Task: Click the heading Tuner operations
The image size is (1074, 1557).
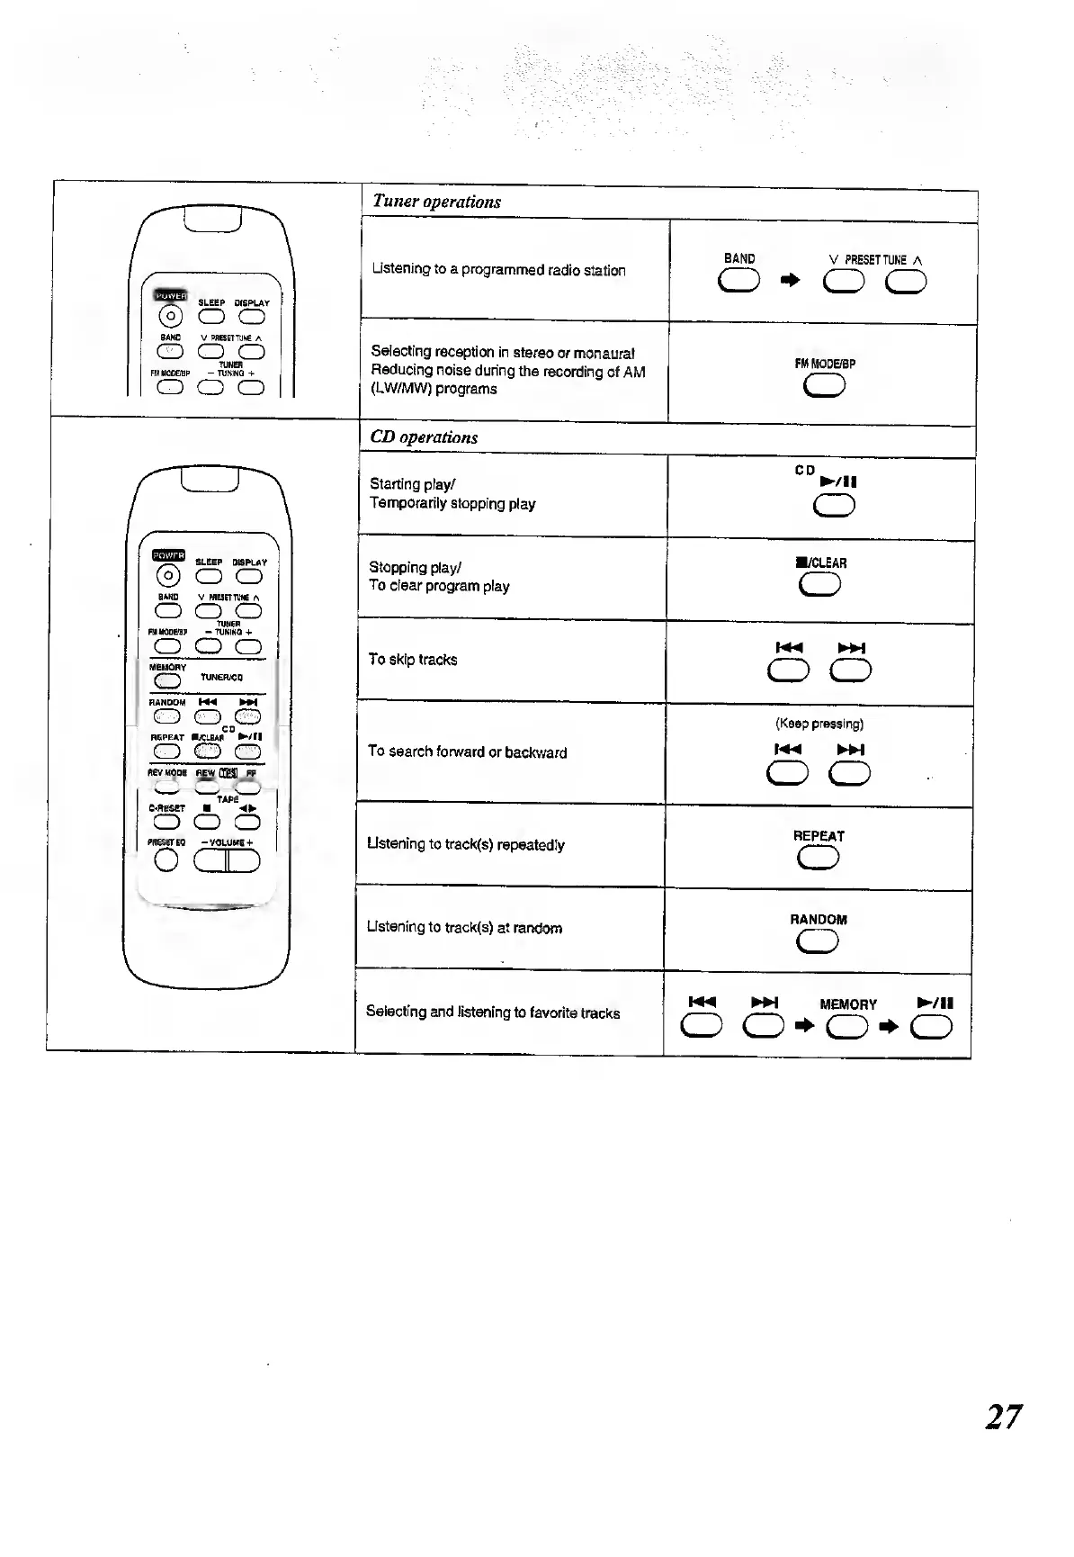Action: pyautogui.click(x=436, y=202)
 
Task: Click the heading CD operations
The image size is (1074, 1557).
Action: pyautogui.click(x=424, y=437)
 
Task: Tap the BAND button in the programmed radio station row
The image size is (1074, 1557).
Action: pyautogui.click(x=739, y=283)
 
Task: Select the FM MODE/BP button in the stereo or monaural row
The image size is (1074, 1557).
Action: pyautogui.click(x=825, y=386)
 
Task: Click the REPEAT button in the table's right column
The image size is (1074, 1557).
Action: pyautogui.click(x=818, y=859)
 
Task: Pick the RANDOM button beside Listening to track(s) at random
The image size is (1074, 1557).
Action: pyautogui.click(x=818, y=941)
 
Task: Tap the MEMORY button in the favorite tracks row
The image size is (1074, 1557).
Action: pyautogui.click(x=847, y=1026)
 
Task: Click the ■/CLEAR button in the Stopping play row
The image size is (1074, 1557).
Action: pyautogui.click(x=819, y=585)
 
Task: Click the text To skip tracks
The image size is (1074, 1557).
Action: pyautogui.click(x=413, y=660)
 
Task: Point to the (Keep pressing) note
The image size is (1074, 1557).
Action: pyautogui.click(x=819, y=724)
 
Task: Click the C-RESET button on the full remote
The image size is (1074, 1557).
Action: pyautogui.click(x=167, y=822)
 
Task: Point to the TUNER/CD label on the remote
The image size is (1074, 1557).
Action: pyautogui.click(x=221, y=678)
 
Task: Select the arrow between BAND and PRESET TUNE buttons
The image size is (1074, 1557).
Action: pyautogui.click(x=790, y=282)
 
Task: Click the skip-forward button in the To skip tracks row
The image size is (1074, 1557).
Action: pyautogui.click(x=851, y=670)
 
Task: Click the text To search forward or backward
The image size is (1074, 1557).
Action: pyautogui.click(x=467, y=752)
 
